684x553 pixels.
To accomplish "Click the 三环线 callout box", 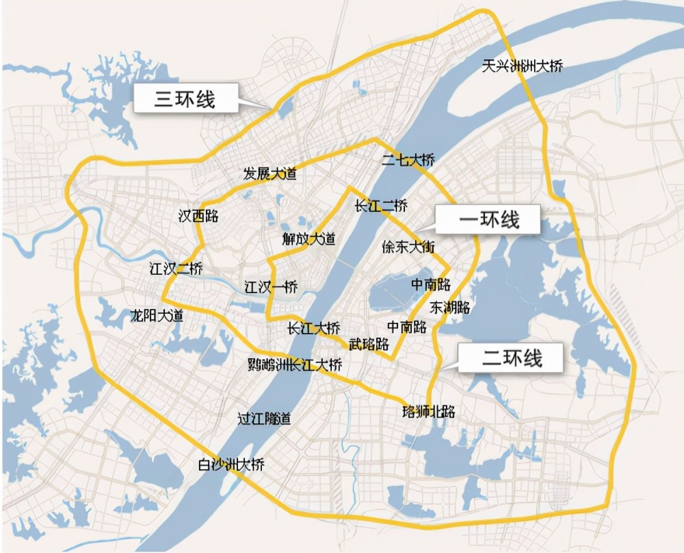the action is point(185,99).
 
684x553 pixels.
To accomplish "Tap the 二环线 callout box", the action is point(511,358).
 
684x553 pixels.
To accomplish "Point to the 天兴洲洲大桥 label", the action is point(522,66).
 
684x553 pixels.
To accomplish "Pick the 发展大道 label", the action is point(270,174).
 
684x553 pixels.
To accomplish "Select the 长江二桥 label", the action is point(381,205).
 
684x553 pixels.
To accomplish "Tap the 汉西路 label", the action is point(198,216).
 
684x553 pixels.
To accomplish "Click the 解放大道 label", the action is point(309,239).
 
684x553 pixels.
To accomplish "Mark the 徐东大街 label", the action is point(408,247).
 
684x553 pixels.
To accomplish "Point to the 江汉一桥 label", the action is point(271,288).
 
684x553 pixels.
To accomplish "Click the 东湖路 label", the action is point(451,307).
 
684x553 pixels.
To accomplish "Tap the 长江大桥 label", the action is point(313,328).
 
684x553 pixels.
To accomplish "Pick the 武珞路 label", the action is point(369,343).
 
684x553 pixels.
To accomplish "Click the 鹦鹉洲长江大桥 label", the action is point(295,364).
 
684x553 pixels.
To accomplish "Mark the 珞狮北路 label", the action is point(429,412).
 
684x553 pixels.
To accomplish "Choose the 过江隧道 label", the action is point(263,418).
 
